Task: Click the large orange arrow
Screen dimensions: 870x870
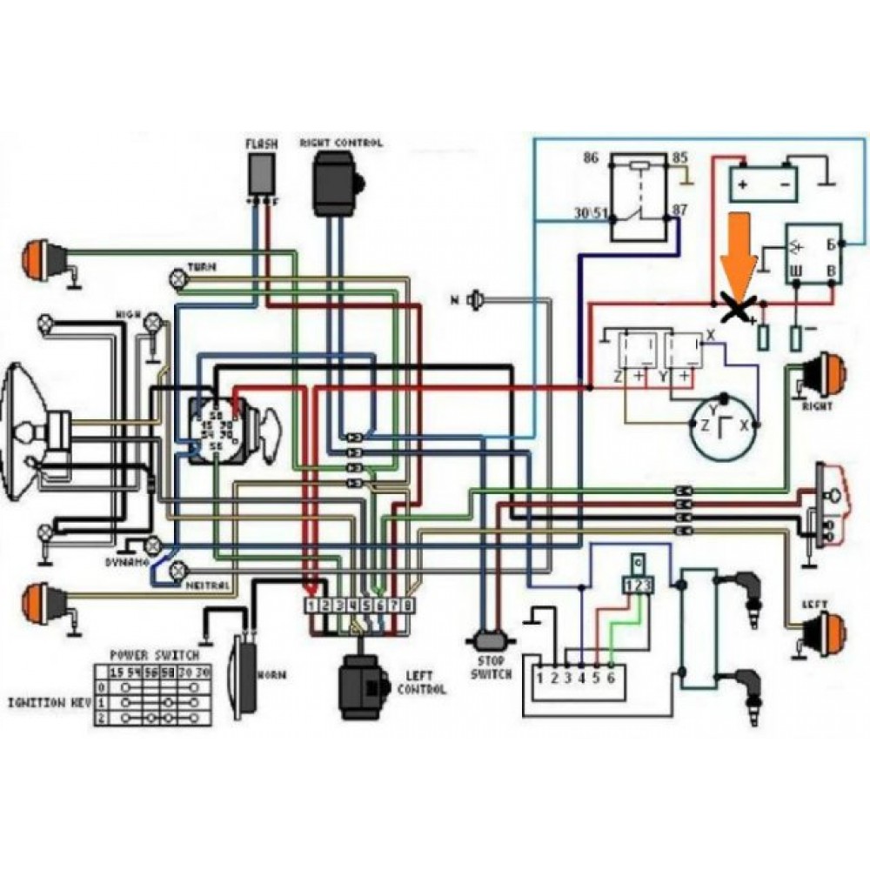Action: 739,252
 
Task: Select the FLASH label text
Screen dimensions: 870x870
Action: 260,144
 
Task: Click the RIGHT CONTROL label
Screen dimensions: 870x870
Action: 340,143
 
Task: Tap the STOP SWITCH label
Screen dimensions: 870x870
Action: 492,667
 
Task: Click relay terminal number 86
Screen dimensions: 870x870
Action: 591,159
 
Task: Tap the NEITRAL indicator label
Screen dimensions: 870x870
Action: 208,586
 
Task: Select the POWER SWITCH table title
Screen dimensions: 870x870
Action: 154,654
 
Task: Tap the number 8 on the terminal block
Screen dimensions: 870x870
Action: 406,605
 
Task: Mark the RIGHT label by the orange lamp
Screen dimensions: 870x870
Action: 817,406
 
